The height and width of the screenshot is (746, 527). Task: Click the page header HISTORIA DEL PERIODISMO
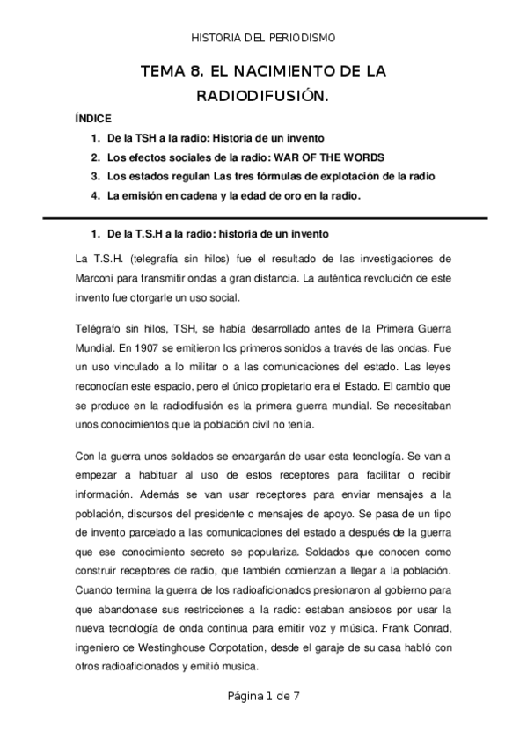pyautogui.click(x=263, y=38)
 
